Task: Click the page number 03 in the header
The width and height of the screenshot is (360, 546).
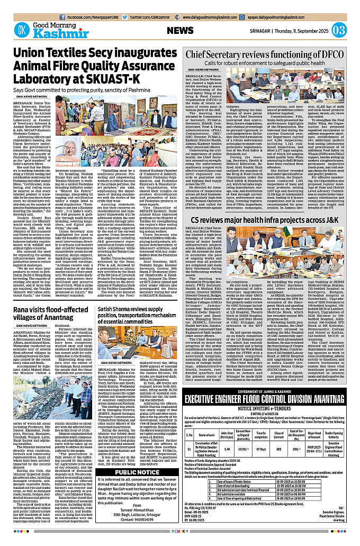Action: point(346,30)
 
